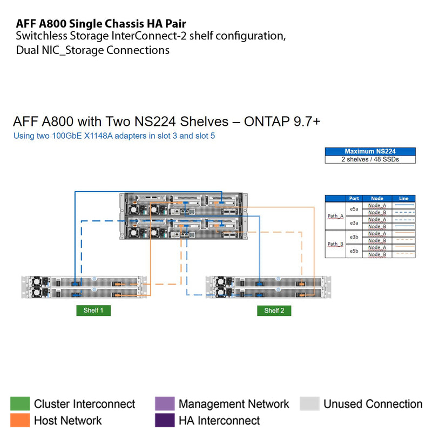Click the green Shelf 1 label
[x=93, y=310]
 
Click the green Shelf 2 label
[x=274, y=310]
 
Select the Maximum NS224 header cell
[x=370, y=152]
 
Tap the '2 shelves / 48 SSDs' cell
[x=370, y=159]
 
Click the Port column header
[x=354, y=198]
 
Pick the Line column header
[x=403, y=198]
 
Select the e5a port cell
[x=354, y=208]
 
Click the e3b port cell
[x=354, y=237]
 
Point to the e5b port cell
[x=354, y=251]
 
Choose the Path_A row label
[x=335, y=216]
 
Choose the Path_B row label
[x=335, y=244]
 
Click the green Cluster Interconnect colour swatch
[x=20, y=404]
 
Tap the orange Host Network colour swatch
[x=20, y=420]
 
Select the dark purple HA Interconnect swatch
[x=165, y=420]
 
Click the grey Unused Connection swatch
[x=309, y=404]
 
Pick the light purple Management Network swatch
[x=165, y=404]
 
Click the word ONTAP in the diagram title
[x=267, y=121]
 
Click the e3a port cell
[x=354, y=222]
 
